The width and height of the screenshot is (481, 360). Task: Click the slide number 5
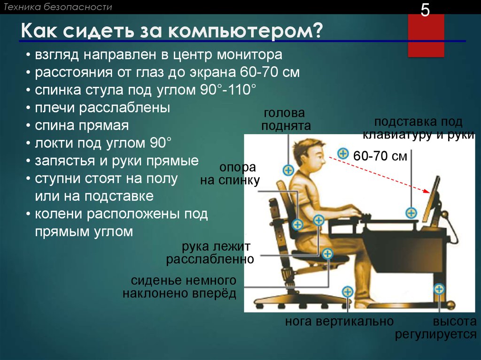(425, 10)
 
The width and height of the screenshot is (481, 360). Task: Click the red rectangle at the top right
(426, 35)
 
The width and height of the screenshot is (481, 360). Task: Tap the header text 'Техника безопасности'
(57, 7)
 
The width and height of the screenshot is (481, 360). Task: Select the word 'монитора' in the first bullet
(249, 55)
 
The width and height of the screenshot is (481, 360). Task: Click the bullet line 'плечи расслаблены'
(102, 107)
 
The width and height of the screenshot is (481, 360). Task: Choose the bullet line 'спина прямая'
(82, 126)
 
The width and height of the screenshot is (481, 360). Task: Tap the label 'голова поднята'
(286, 119)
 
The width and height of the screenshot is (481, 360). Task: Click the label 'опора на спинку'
(230, 174)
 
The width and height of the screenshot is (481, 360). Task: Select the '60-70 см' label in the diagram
(380, 156)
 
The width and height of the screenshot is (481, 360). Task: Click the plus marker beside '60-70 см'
(343, 153)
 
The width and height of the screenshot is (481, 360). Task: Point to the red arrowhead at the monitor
(426, 191)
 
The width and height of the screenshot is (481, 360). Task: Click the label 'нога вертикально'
(339, 322)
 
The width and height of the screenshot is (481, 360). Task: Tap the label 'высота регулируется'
(435, 328)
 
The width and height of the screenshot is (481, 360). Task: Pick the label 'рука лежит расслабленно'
(210, 253)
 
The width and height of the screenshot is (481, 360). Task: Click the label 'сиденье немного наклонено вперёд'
(179, 287)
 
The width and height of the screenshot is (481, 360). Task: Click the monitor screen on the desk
(431, 199)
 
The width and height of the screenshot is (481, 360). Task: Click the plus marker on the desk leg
(439, 289)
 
